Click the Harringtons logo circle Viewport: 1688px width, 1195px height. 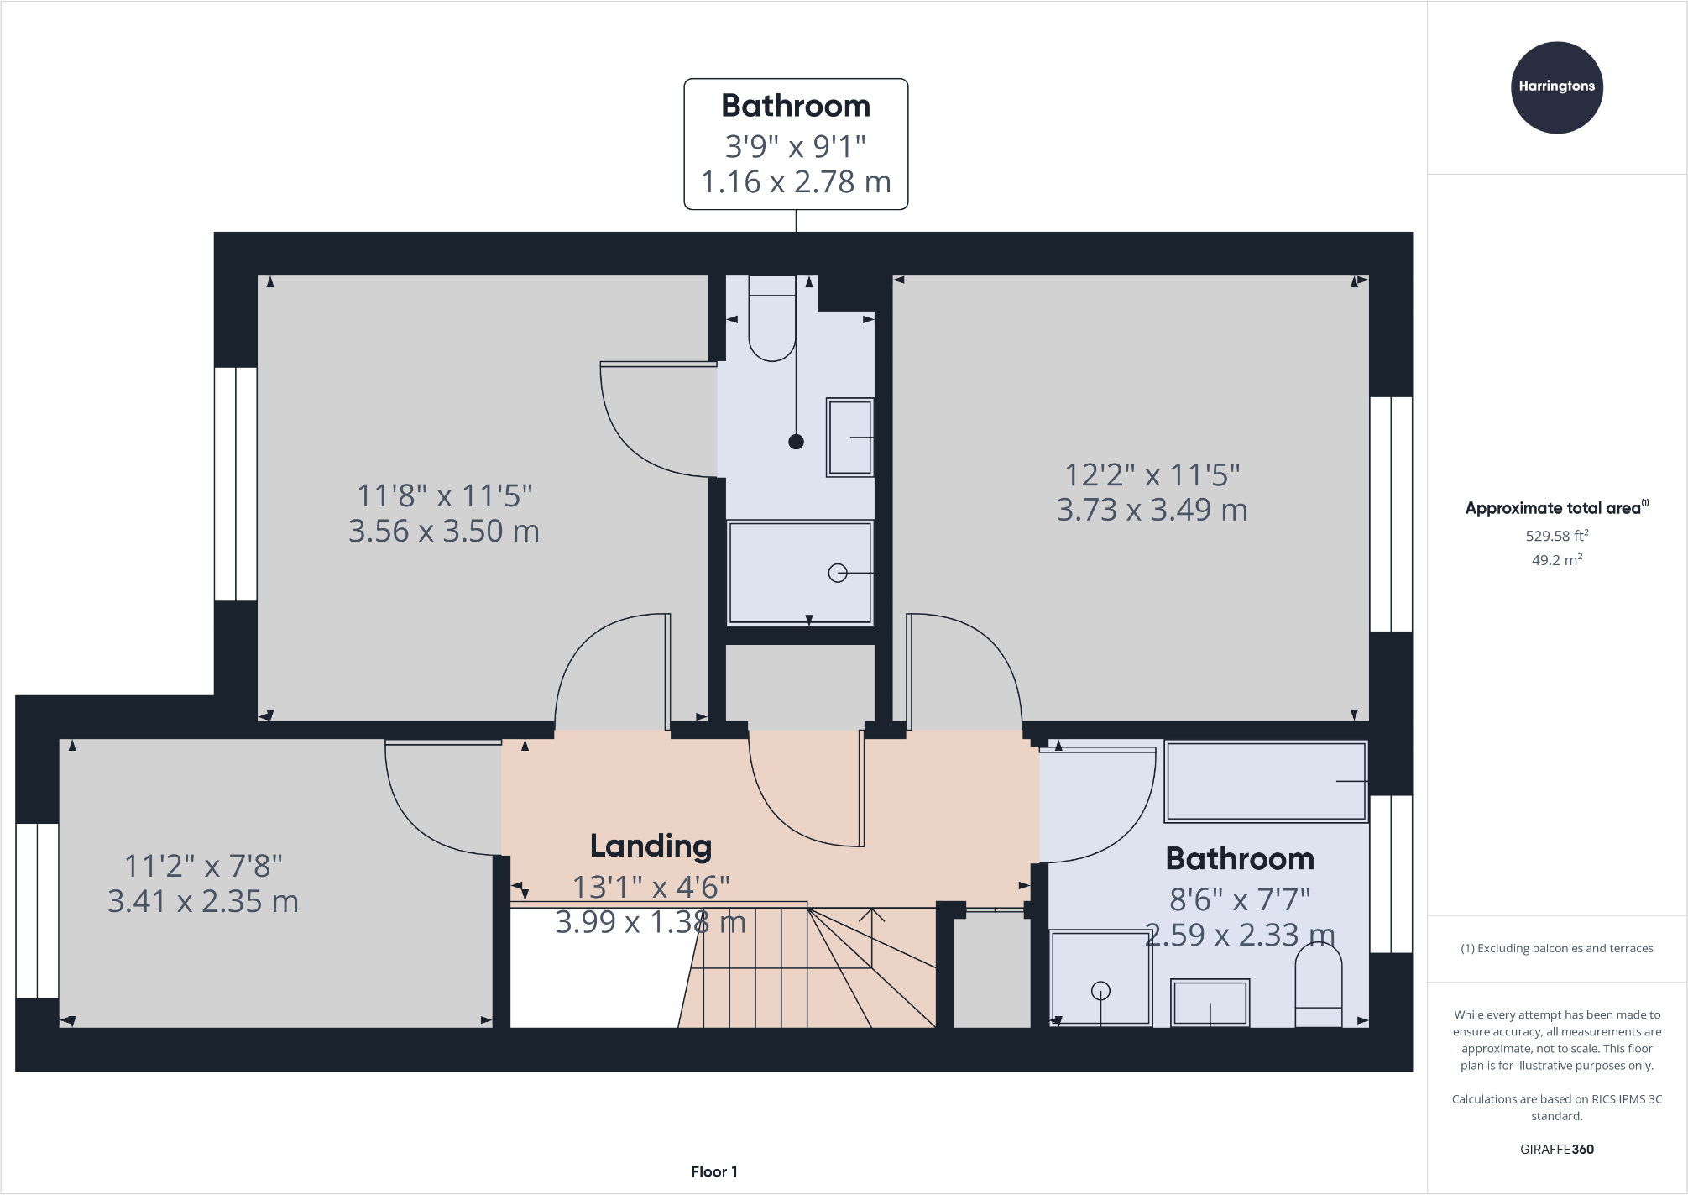point(1556,87)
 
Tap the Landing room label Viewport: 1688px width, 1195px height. point(651,846)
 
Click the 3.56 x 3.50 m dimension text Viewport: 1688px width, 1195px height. point(443,531)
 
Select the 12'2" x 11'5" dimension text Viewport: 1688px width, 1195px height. point(1152,474)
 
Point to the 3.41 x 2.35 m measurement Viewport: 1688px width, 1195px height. point(202,901)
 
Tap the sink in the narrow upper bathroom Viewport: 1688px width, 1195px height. point(849,438)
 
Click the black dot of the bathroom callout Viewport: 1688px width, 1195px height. point(796,442)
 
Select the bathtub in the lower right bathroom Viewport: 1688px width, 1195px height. point(1266,781)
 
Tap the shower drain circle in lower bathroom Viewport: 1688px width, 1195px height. point(1100,991)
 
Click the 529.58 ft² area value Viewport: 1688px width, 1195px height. point(1556,536)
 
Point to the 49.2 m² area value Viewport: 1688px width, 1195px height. point(1556,560)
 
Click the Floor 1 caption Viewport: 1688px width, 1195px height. point(713,1171)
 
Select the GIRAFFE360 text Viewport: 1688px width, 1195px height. point(1556,1150)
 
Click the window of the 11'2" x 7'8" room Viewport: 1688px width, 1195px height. point(37,910)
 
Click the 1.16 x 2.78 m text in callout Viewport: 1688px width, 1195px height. point(795,182)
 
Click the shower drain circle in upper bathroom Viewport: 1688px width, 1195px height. point(837,573)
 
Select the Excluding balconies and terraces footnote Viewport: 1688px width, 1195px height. point(1556,948)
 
